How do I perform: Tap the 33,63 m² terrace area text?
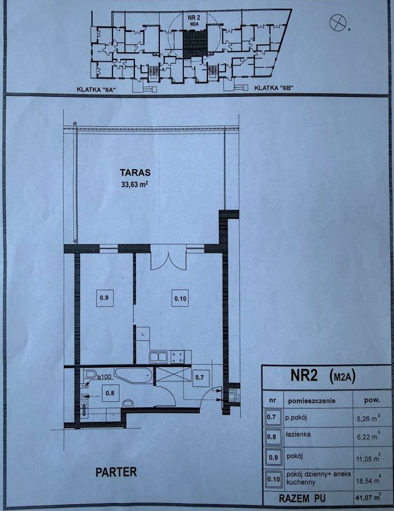(x=135, y=184)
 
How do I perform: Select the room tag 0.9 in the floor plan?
(x=104, y=298)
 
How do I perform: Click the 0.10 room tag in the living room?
(x=180, y=299)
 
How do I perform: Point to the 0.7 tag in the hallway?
(x=199, y=377)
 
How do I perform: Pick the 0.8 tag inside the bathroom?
(x=110, y=393)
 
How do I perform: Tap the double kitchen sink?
(x=158, y=357)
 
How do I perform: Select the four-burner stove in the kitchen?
(x=178, y=357)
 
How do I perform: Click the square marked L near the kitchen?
(x=143, y=334)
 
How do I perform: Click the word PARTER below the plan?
(x=116, y=472)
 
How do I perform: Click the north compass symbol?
(x=338, y=22)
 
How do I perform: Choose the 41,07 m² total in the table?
(x=367, y=498)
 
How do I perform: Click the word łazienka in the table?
(x=298, y=434)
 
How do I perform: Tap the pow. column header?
(x=372, y=400)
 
